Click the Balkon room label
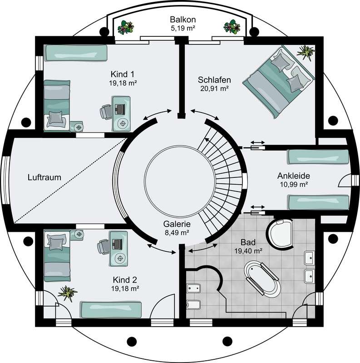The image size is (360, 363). click(182, 20)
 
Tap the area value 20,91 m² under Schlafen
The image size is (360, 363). click(215, 88)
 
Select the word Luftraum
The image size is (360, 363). click(44, 177)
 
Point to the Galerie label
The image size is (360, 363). click(177, 224)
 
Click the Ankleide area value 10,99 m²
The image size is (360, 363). click(294, 185)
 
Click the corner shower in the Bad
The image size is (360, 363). click(279, 233)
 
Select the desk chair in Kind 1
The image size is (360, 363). click(106, 112)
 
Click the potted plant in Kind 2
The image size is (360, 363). click(67, 293)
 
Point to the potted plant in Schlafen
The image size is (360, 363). click(306, 53)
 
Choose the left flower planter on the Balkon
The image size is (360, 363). click(126, 28)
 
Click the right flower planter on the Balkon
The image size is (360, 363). click(232, 27)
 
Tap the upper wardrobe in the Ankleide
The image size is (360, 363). click(318, 157)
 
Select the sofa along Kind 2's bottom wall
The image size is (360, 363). click(111, 309)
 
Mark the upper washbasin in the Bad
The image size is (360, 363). click(310, 258)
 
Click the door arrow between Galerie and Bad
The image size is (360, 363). click(203, 248)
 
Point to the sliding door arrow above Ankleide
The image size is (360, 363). click(257, 142)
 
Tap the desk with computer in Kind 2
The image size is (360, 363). click(118, 248)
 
